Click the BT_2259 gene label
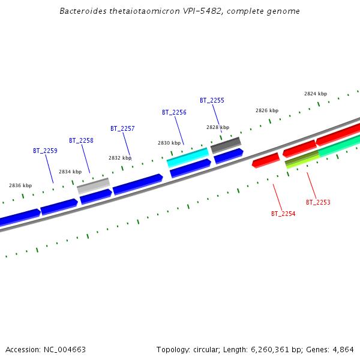tap(45, 151)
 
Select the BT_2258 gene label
tap(81, 140)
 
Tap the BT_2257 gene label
tap(122, 128)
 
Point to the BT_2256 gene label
tap(174, 112)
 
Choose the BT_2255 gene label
tap(212, 100)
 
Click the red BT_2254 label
tap(283, 214)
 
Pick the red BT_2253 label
tap(318, 202)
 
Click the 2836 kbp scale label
tap(20, 185)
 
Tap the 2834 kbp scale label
tap(70, 172)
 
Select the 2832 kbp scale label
tap(120, 158)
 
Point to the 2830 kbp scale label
tap(169, 143)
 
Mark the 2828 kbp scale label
tap(218, 127)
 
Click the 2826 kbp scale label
tap(267, 110)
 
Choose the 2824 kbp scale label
tap(316, 94)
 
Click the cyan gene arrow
tap(188, 158)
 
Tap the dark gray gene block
tap(226, 145)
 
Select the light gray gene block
tap(93, 186)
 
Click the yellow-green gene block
tap(302, 160)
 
